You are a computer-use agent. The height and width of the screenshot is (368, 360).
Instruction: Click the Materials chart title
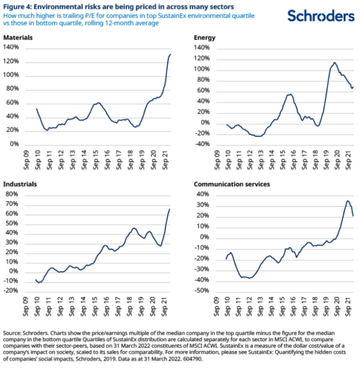(17, 38)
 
